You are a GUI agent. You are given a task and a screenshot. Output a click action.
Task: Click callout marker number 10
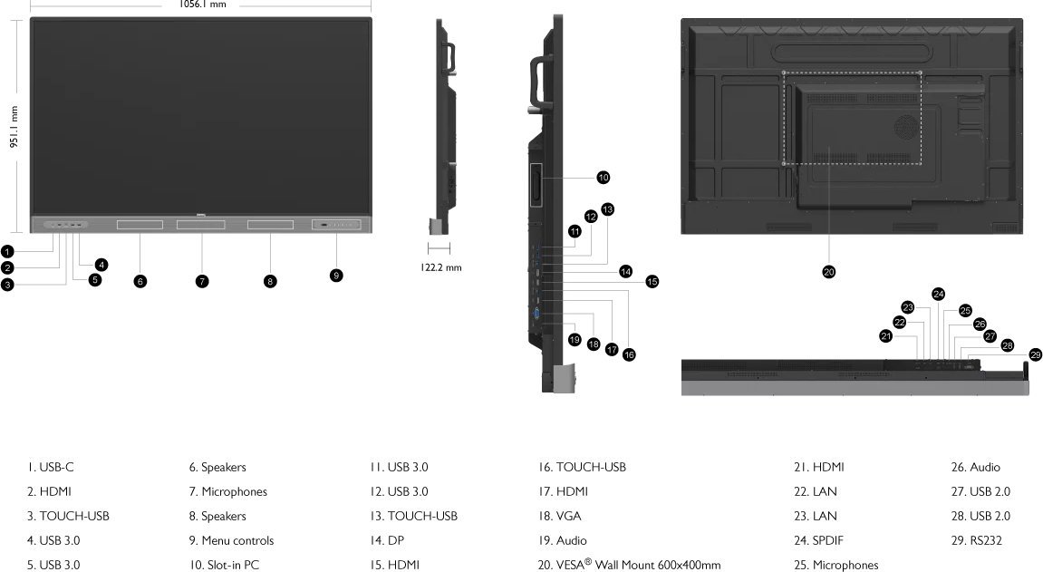coord(604,177)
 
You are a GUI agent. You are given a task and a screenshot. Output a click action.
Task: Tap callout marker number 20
coord(828,271)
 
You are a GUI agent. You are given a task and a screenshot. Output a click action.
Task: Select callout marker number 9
coord(336,275)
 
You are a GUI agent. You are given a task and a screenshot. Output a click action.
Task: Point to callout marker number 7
coord(202,281)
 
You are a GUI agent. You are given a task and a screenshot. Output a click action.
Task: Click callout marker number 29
coord(1036,354)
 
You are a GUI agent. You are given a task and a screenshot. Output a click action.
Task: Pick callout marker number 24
coord(938,294)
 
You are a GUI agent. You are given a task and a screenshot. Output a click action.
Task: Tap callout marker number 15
coord(652,281)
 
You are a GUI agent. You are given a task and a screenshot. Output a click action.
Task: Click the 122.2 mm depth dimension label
coord(440,267)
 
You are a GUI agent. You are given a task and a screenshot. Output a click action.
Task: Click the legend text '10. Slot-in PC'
coord(224,565)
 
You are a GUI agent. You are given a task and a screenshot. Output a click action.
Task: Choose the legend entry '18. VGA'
coord(559,516)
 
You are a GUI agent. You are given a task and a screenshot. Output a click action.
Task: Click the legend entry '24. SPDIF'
coord(818,540)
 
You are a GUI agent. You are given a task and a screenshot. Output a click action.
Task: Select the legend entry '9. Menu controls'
coord(231,540)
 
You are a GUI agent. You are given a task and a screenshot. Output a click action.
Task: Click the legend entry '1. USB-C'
coord(50,467)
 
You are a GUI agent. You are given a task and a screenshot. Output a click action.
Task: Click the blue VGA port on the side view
coord(537,314)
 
